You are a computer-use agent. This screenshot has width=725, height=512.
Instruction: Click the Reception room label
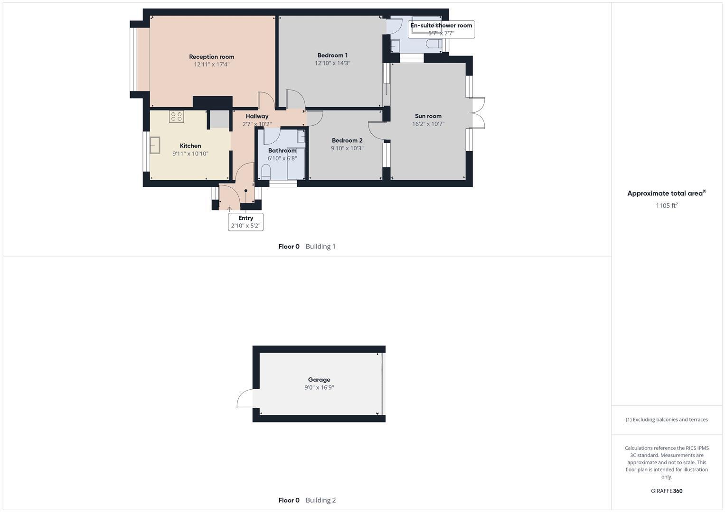click(x=211, y=57)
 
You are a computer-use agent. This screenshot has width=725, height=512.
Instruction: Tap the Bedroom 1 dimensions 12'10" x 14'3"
click(x=332, y=63)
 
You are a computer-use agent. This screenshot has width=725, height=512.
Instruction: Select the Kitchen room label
click(x=190, y=146)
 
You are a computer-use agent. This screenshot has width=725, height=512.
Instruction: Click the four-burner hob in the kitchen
click(x=177, y=117)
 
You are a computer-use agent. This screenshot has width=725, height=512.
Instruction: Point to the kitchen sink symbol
click(x=155, y=145)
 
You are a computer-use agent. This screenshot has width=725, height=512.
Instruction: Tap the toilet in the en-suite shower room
click(x=433, y=44)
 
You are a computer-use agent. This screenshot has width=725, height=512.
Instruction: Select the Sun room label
click(x=428, y=116)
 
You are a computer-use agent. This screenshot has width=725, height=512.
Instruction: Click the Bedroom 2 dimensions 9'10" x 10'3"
click(x=347, y=148)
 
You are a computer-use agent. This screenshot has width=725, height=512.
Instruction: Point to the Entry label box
click(x=245, y=221)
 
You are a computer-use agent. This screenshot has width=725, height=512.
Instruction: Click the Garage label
click(x=319, y=380)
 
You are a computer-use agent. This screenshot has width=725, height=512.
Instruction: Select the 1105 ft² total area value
click(x=667, y=206)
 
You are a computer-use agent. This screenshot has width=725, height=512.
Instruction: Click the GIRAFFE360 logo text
click(x=667, y=491)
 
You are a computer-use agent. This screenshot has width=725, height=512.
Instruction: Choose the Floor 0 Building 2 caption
click(x=307, y=500)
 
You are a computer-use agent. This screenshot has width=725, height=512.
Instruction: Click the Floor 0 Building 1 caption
click(x=307, y=247)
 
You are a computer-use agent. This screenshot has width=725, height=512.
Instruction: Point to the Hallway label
click(x=257, y=116)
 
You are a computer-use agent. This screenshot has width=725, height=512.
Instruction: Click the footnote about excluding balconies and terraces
click(x=667, y=420)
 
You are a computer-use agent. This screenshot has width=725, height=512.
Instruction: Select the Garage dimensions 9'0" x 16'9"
click(x=319, y=388)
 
